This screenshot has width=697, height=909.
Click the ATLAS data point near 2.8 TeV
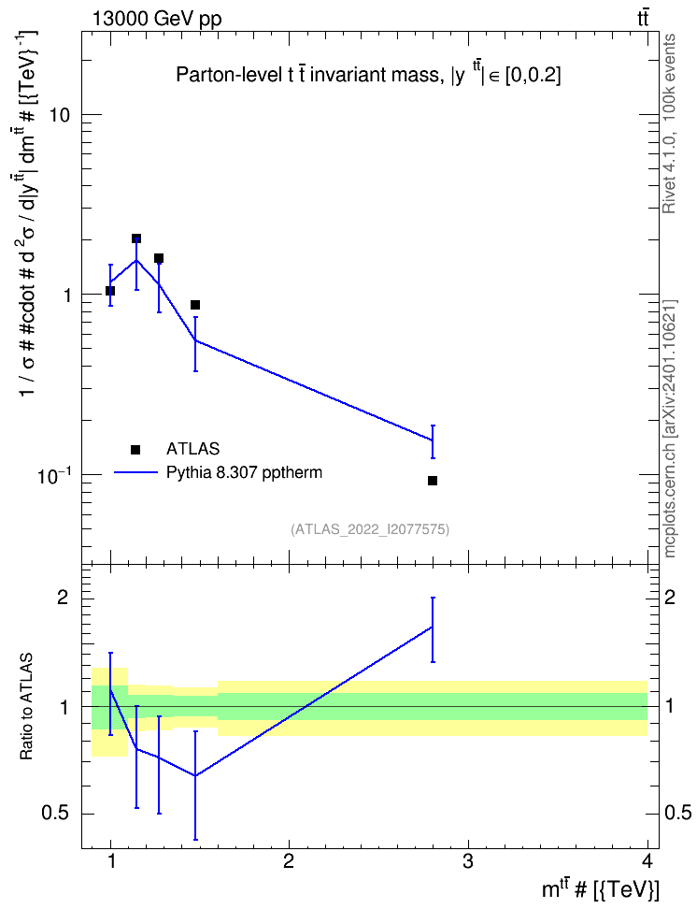(433, 481)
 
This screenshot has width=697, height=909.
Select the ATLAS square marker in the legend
(135, 449)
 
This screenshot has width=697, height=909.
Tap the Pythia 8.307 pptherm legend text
(244, 472)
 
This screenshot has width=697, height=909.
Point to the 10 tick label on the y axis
(59, 115)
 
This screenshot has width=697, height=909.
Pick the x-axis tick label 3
(467, 861)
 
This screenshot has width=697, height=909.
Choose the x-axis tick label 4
(647, 861)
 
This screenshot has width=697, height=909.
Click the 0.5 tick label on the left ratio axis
(55, 814)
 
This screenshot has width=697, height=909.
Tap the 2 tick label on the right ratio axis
(670, 597)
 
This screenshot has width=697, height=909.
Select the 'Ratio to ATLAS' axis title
(26, 707)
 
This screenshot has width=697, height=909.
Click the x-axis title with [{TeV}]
(600, 889)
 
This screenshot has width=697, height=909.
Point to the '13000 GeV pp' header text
(157, 19)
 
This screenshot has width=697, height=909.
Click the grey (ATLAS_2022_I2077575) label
(370, 529)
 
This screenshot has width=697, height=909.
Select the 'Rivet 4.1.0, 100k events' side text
(669, 123)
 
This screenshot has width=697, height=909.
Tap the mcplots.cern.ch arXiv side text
(670, 429)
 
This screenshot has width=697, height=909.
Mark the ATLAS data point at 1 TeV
(110, 291)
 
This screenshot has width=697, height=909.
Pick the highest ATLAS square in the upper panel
(136, 238)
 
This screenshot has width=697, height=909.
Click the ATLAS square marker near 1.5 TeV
(195, 305)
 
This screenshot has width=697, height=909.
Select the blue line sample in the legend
(135, 472)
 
